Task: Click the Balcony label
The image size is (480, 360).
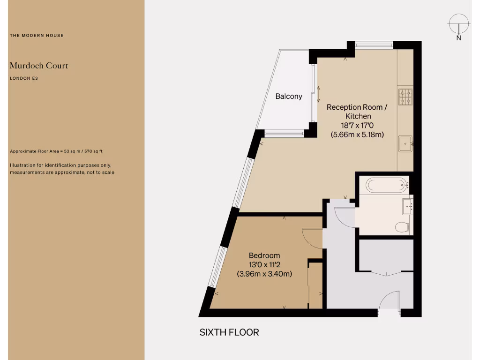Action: (x=289, y=97)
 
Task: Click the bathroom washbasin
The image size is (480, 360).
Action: (x=406, y=204)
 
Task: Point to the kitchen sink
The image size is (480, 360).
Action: (x=405, y=144)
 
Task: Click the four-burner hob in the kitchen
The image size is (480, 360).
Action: (x=405, y=96)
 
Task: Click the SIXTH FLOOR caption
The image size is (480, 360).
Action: (x=229, y=332)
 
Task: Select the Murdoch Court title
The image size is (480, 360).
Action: (x=39, y=66)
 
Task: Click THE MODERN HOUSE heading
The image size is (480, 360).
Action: (x=37, y=36)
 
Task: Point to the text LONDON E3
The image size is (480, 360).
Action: (x=23, y=78)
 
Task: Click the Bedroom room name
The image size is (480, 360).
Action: (x=264, y=255)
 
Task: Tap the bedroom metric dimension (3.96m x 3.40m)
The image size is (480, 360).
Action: (x=264, y=274)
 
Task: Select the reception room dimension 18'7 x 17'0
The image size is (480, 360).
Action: (x=357, y=126)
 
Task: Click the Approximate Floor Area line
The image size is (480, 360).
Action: (x=56, y=151)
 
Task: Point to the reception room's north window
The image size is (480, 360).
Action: (x=374, y=45)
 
